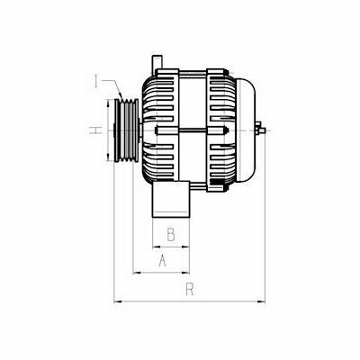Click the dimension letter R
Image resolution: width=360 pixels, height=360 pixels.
tap(190, 289)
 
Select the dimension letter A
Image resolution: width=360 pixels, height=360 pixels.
tap(162, 260)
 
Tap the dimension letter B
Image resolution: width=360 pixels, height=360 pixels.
tap(171, 234)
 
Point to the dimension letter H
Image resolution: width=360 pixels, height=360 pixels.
tap(95, 130)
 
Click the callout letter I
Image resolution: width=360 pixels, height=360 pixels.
tap(96, 81)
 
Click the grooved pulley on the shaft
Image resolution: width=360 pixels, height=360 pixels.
tap(127, 130)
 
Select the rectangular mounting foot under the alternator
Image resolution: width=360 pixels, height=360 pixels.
tap(171, 199)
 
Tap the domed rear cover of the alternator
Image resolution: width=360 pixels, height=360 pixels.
tap(246, 130)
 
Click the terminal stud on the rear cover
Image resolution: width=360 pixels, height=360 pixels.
tap(260, 130)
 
